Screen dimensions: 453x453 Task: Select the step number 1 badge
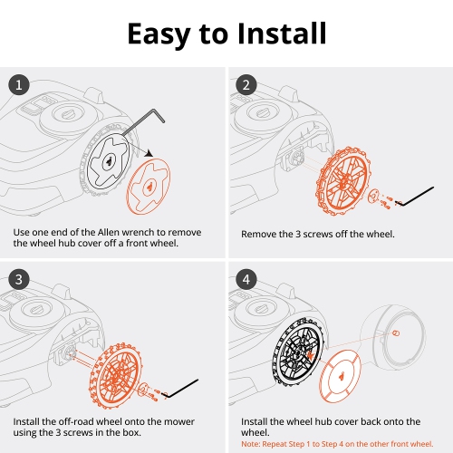[19, 86]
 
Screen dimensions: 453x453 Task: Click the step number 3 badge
[19, 279]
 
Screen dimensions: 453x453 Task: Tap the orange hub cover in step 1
[146, 186]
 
